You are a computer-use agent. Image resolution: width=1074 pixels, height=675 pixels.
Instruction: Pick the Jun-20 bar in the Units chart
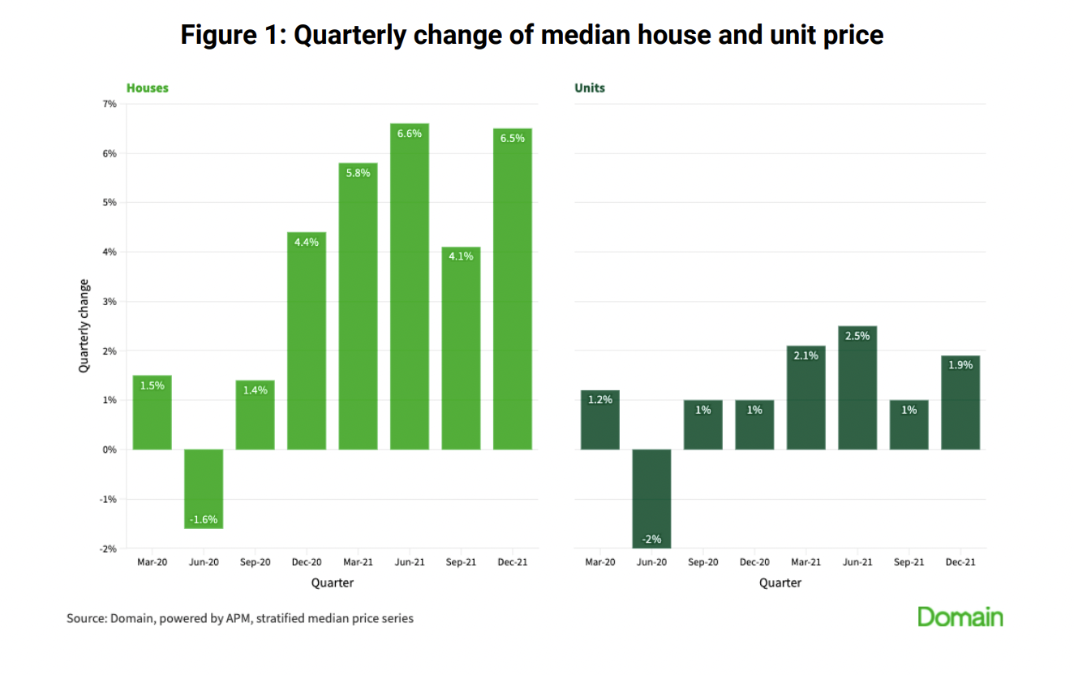651,498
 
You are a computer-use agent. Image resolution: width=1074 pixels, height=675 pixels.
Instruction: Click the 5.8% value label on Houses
358,173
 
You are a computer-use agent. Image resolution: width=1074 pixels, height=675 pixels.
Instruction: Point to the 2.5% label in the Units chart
857,336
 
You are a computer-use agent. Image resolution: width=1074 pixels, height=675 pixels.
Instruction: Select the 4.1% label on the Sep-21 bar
461,256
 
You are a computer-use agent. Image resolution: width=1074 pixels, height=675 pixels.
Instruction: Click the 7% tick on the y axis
110,104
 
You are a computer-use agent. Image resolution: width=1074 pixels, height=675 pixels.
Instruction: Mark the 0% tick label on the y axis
110,449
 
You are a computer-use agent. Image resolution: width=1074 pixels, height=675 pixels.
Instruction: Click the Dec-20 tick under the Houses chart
307,562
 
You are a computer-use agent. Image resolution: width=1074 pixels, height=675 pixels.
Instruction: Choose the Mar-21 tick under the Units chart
805,562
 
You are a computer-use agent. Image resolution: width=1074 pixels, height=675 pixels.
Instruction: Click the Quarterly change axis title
84,326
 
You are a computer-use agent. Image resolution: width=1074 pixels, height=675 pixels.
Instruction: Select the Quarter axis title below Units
780,583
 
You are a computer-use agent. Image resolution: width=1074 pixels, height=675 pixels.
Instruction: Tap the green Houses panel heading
147,88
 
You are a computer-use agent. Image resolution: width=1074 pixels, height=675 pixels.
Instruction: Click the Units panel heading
590,88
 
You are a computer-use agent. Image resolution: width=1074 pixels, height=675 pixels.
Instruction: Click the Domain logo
960,617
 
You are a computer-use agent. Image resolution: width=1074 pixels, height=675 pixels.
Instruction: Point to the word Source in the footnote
86,618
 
